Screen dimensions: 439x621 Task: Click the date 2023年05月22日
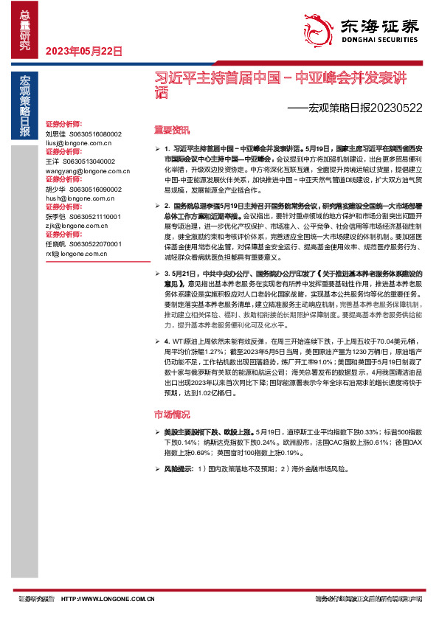pos(83,51)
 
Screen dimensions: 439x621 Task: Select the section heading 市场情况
pos(171,414)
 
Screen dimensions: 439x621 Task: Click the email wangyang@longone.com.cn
pos(82,170)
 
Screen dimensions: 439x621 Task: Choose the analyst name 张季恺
pos(55,216)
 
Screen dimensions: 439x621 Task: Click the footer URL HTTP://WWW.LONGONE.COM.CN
pos(108,599)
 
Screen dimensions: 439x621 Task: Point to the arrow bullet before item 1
pos(157,149)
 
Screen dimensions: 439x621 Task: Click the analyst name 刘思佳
pos(55,134)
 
